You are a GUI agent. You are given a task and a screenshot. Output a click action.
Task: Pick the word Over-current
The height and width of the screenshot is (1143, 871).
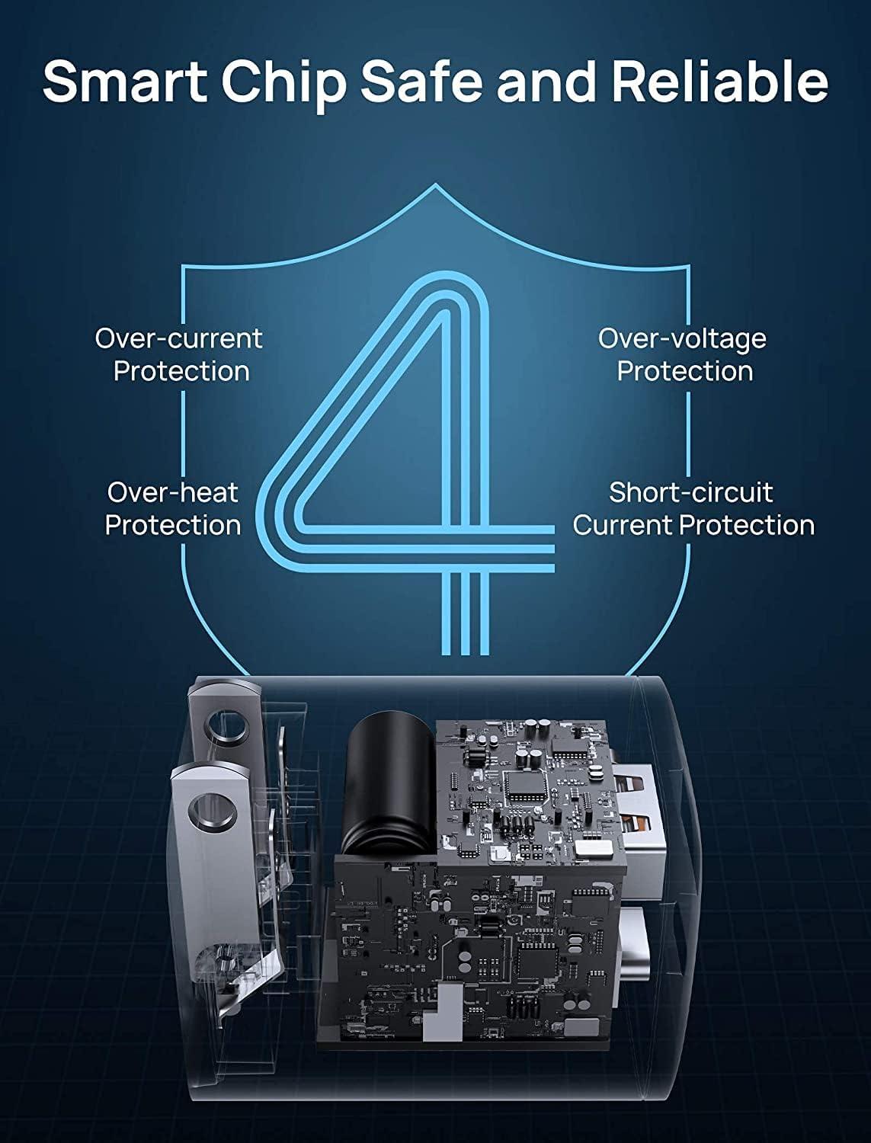pos(178,338)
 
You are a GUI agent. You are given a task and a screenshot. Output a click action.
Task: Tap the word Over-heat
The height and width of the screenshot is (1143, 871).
pos(172,492)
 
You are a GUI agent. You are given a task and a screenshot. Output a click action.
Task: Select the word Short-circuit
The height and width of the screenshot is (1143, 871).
pos(691,492)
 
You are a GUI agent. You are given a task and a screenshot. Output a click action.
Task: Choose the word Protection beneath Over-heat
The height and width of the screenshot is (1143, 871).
pos(173,525)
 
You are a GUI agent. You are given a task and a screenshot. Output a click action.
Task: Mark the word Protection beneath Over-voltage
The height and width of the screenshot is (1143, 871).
pos(685,371)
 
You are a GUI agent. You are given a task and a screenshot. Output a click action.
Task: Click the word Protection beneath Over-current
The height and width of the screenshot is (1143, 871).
pos(181,371)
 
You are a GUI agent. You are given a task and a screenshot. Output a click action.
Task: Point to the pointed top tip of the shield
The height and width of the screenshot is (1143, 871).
pos(436,184)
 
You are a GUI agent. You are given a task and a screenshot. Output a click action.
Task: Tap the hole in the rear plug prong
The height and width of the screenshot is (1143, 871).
pos(228,726)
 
